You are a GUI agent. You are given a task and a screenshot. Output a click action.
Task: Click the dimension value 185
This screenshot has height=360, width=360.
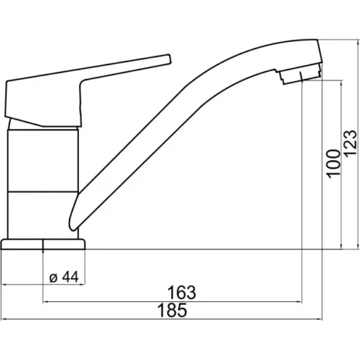point(177,311)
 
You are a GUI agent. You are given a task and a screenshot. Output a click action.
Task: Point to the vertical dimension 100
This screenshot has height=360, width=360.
point(334,163)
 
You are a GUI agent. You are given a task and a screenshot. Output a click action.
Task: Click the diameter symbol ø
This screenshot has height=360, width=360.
point(51,277)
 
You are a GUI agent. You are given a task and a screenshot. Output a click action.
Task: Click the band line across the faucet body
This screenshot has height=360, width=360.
point(42,189)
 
